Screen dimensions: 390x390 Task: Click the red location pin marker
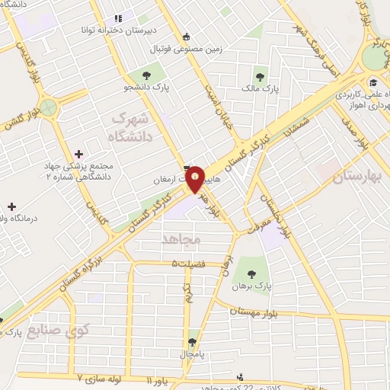196,177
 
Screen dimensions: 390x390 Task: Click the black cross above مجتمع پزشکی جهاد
79,154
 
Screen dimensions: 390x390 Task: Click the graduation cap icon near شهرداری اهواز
373,83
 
